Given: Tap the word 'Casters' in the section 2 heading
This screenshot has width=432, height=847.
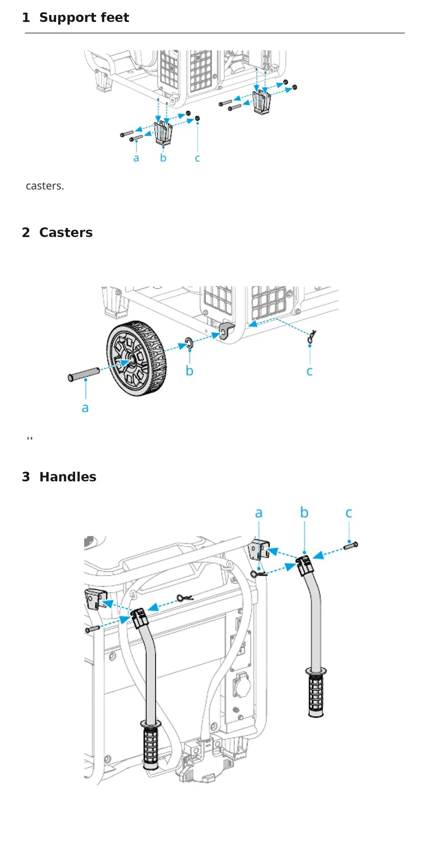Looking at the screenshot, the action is click(x=66, y=233).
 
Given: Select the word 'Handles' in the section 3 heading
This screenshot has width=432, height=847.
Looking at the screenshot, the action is click(x=68, y=477).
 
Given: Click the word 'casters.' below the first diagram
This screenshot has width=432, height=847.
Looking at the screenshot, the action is click(x=45, y=186).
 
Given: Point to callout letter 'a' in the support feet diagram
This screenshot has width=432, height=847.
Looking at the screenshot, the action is click(x=136, y=159).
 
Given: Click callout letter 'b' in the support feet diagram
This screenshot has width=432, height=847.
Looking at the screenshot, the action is click(x=163, y=158).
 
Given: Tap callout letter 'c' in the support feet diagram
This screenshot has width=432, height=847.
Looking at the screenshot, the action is click(x=197, y=159).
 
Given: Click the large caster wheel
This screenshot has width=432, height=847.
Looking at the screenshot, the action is click(x=137, y=358).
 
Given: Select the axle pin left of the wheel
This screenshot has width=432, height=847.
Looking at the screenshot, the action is click(x=84, y=374).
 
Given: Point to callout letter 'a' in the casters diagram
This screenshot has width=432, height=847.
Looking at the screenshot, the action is click(x=85, y=409).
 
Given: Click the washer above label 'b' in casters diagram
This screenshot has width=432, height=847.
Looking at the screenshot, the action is click(x=189, y=343).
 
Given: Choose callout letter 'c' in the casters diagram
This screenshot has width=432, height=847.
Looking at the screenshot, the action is click(x=309, y=372).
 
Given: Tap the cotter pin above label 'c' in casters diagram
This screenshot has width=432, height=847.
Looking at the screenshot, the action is click(x=312, y=337).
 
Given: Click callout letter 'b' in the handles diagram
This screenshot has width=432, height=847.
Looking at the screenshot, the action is click(x=304, y=512).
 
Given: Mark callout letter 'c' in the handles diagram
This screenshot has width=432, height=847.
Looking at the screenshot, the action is click(x=349, y=513).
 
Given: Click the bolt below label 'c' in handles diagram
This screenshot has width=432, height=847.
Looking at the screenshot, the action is click(x=351, y=545).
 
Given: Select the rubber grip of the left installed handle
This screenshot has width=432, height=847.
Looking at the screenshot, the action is click(x=151, y=745).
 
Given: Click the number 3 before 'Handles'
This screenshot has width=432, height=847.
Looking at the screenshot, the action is click(x=26, y=477).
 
